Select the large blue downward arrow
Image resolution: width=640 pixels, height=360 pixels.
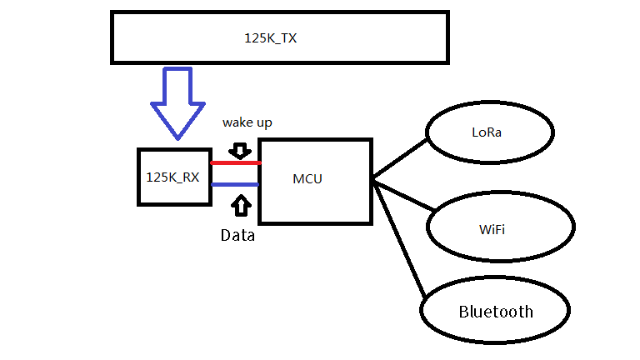click(x=177, y=104)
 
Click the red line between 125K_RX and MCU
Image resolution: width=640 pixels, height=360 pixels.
click(x=234, y=163)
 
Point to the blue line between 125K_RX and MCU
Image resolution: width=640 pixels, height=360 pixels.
click(x=234, y=184)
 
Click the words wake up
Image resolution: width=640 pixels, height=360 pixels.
click(x=247, y=122)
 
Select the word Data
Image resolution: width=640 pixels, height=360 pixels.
click(x=237, y=236)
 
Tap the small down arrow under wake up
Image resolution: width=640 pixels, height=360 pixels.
click(x=240, y=150)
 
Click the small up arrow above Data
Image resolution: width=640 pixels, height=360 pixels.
click(x=241, y=205)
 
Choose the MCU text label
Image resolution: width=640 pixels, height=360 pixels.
click(x=307, y=179)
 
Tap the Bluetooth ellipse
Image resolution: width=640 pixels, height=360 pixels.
click(x=495, y=312)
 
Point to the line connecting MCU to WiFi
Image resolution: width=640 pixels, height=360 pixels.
click(x=402, y=194)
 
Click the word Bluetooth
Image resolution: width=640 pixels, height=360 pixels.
click(x=495, y=312)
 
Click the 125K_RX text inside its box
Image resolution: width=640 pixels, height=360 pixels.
click(x=172, y=177)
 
